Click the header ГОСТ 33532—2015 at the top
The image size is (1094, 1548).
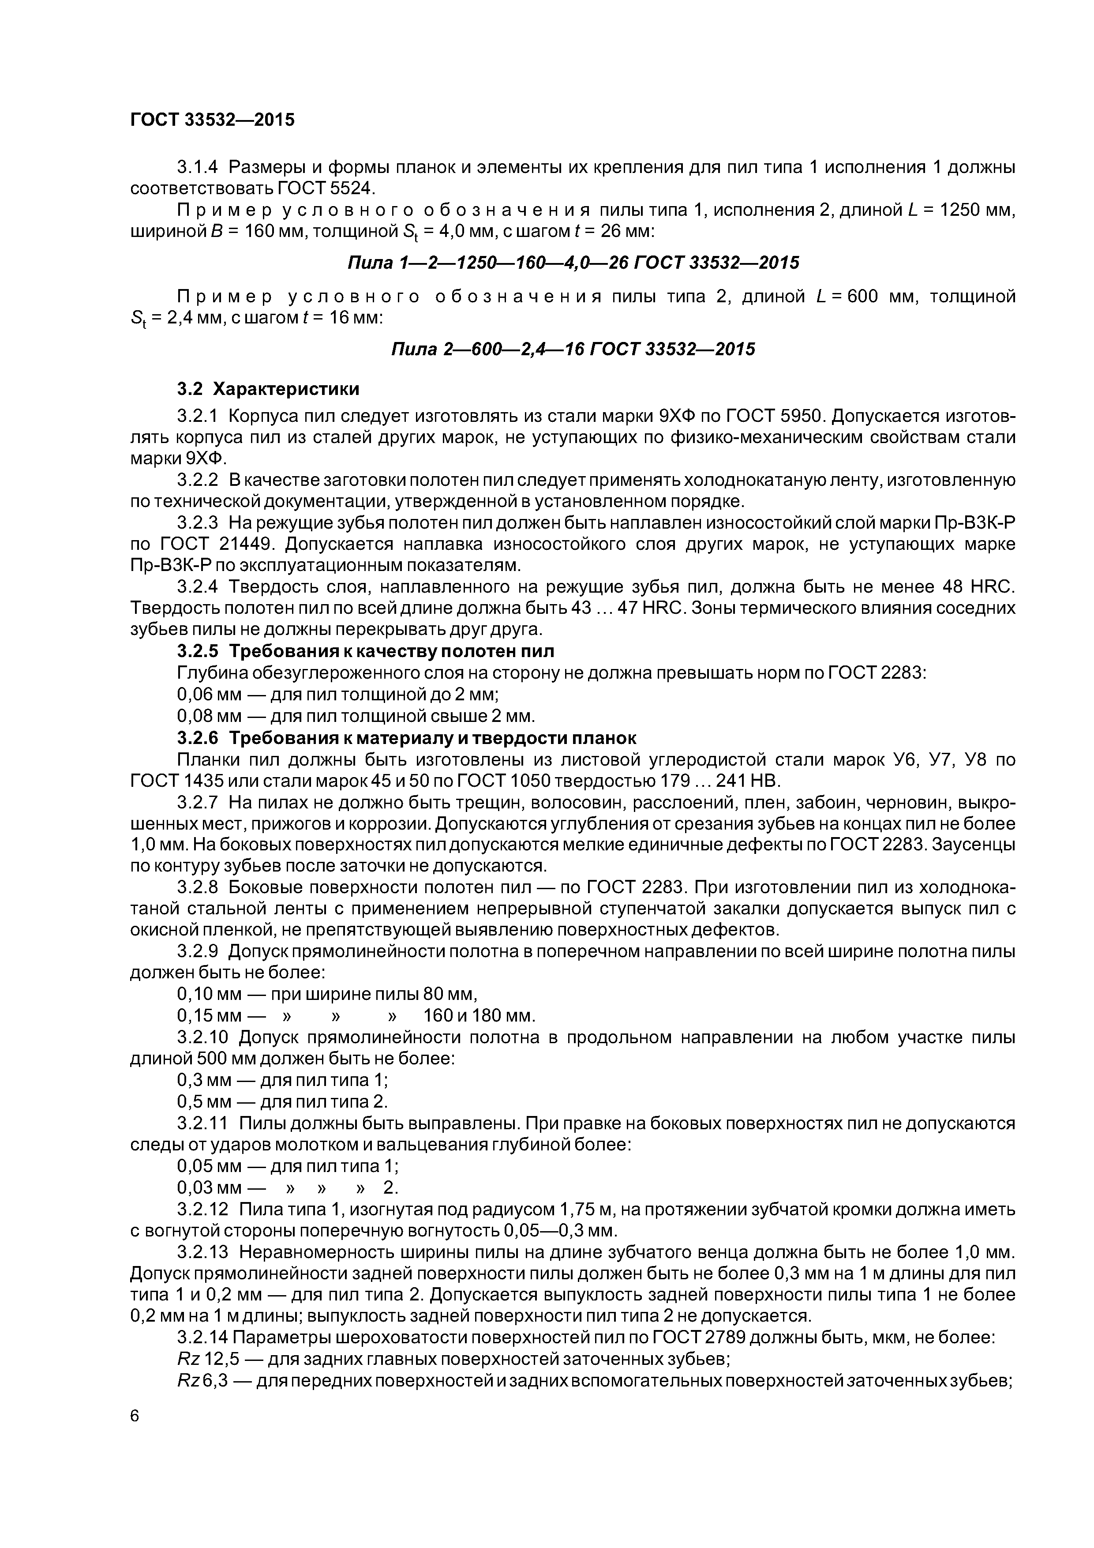(212, 120)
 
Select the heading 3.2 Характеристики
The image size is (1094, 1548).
(268, 389)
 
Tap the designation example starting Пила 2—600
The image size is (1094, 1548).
(573, 349)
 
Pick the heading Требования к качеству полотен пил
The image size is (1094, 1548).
(392, 651)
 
